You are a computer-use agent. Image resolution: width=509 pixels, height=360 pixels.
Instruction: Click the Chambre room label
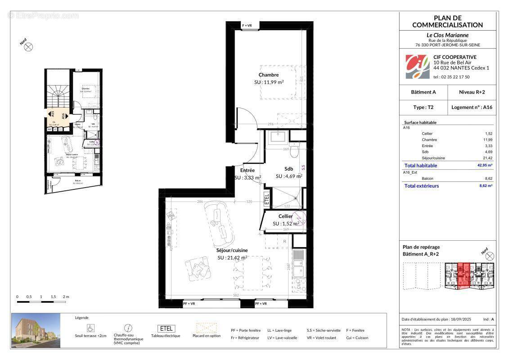[x=269, y=75]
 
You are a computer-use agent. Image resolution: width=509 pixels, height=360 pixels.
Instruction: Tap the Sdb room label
[x=288, y=169]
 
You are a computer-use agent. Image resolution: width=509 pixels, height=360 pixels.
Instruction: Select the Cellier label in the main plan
[x=285, y=216]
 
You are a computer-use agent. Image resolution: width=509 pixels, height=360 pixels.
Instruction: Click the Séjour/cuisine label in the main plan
[x=232, y=250]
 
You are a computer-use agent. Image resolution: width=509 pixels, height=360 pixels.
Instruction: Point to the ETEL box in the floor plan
[x=267, y=198]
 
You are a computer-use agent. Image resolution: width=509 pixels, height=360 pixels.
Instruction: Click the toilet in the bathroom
[x=295, y=151]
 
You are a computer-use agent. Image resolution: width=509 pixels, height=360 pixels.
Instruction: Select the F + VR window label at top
[x=250, y=26]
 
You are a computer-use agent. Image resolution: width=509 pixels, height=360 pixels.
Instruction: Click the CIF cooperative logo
[x=417, y=66]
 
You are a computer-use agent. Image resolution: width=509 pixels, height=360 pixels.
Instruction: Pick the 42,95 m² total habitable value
[x=484, y=166]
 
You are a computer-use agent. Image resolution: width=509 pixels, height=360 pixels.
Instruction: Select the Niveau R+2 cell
[x=472, y=92]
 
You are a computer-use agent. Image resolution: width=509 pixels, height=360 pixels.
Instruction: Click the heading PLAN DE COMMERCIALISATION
[x=447, y=21]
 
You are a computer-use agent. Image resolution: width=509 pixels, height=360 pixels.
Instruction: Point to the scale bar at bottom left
[x=41, y=301]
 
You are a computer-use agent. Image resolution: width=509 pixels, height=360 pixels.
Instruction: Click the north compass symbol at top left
[x=29, y=46]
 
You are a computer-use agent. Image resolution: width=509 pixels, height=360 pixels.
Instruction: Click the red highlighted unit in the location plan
[x=463, y=275]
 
